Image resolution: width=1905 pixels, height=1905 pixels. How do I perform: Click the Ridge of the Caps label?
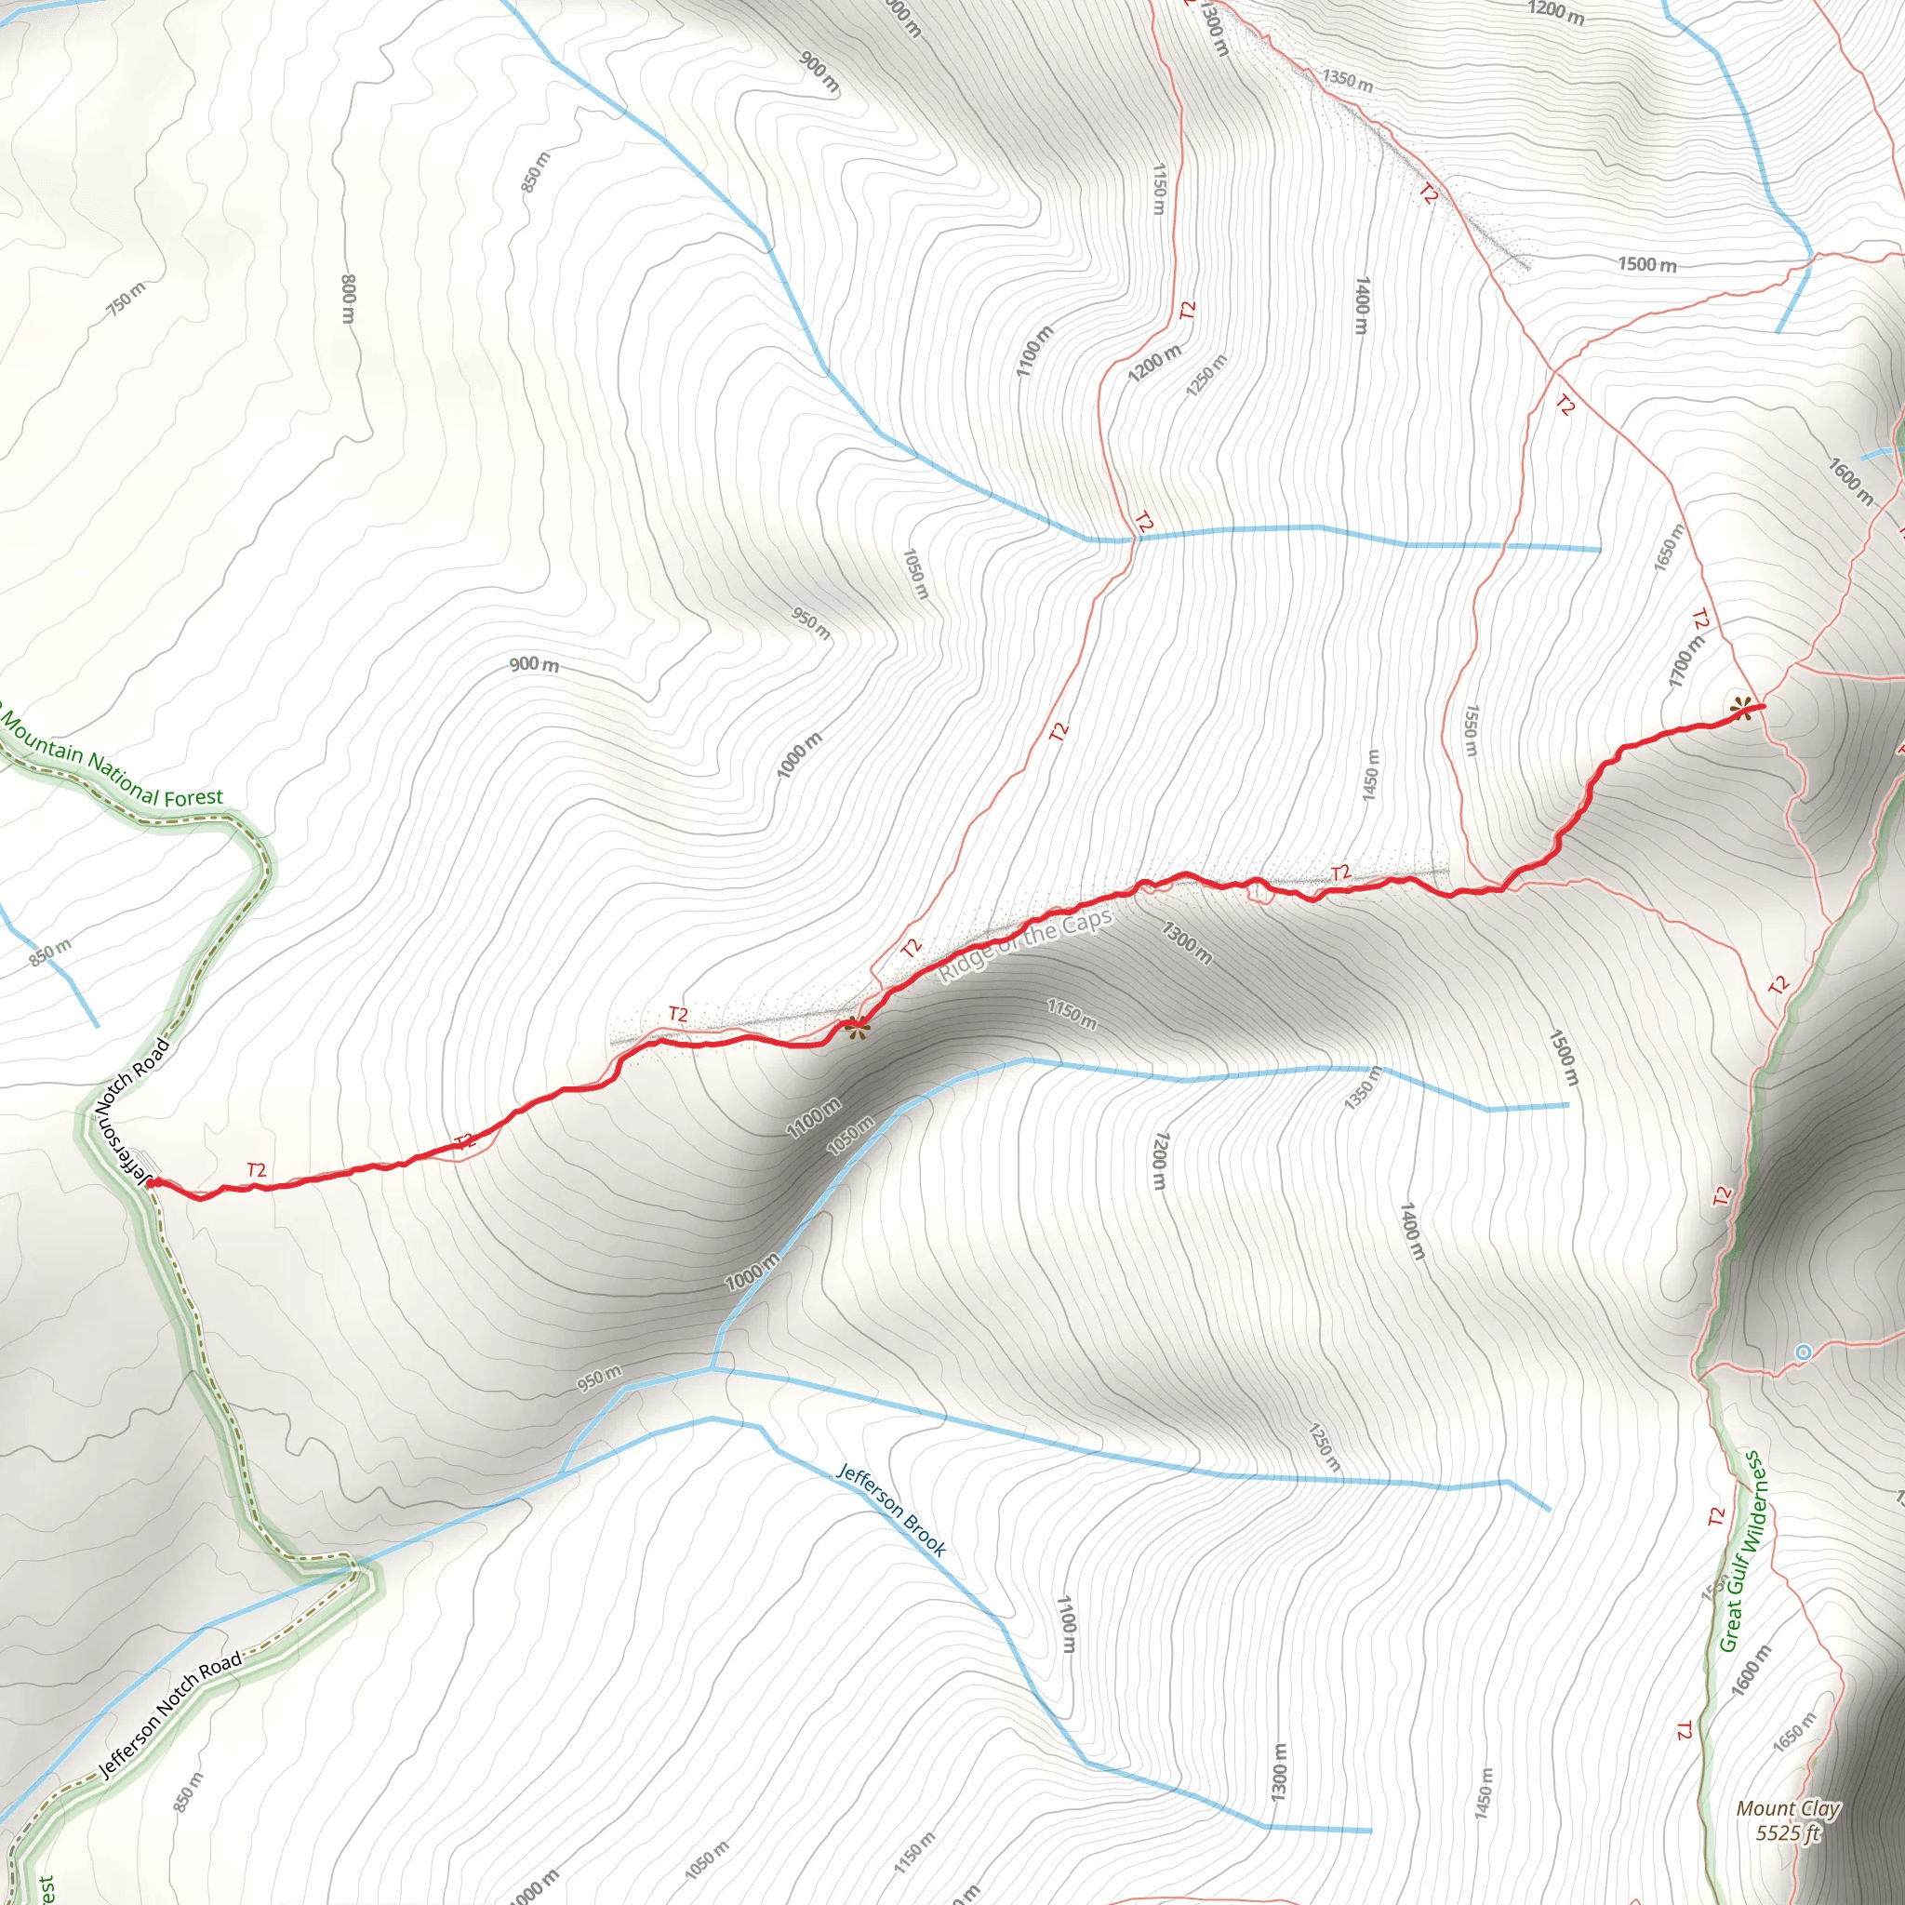click(x=1025, y=945)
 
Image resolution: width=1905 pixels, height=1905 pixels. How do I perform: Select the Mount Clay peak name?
click(x=1788, y=1808)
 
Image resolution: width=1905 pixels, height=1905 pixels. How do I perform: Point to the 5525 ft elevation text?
click(x=1787, y=1832)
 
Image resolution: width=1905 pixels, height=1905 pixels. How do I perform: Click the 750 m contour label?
click(x=127, y=298)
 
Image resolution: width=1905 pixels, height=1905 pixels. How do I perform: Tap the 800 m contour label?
click(x=348, y=298)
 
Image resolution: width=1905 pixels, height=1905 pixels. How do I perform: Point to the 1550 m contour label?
click(x=1471, y=730)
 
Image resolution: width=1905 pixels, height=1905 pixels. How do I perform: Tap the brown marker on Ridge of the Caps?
click(x=857, y=1027)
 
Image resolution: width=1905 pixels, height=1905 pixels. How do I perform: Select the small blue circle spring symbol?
click(x=1803, y=1352)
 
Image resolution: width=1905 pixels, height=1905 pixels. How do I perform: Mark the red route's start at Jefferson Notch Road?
click(x=151, y=1182)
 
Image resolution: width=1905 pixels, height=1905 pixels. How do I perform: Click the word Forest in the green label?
click(x=194, y=797)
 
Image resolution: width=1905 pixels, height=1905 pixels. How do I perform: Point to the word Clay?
click(x=1818, y=1808)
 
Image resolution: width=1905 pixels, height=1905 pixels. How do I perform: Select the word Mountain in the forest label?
click(x=43, y=741)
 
